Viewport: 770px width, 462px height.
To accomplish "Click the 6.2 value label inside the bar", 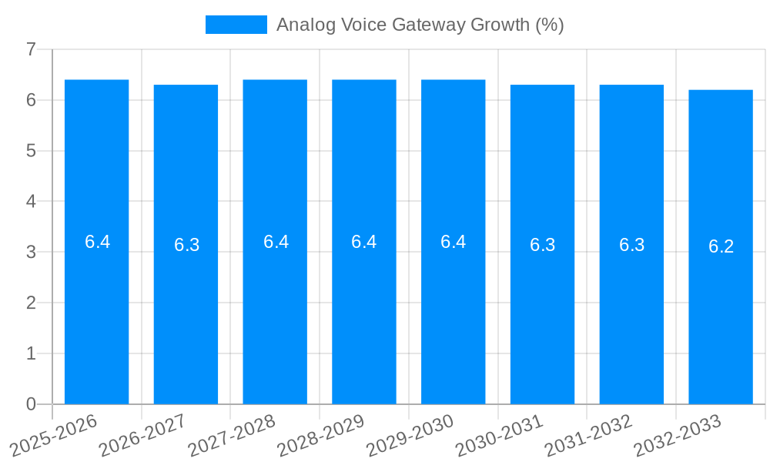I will pyautogui.click(x=721, y=246).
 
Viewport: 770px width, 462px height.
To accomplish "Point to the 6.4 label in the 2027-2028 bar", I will pyautogui.click(x=276, y=242).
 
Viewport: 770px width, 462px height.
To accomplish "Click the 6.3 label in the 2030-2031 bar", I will pyautogui.click(x=542, y=245).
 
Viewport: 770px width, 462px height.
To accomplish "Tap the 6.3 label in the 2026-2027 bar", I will pyautogui.click(x=186, y=245).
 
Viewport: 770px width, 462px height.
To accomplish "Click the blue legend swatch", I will pyautogui.click(x=236, y=25).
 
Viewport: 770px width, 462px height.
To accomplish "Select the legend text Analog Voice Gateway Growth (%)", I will pyautogui.click(x=420, y=25).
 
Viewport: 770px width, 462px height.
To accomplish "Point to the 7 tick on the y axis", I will pyautogui.click(x=31, y=49).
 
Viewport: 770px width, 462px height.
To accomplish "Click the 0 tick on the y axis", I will pyautogui.click(x=31, y=404).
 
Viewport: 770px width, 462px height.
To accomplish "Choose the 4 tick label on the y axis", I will pyautogui.click(x=31, y=201).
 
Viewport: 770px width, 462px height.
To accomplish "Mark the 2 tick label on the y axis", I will pyautogui.click(x=31, y=303).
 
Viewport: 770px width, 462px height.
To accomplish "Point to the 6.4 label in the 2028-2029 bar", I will pyautogui.click(x=363, y=242).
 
